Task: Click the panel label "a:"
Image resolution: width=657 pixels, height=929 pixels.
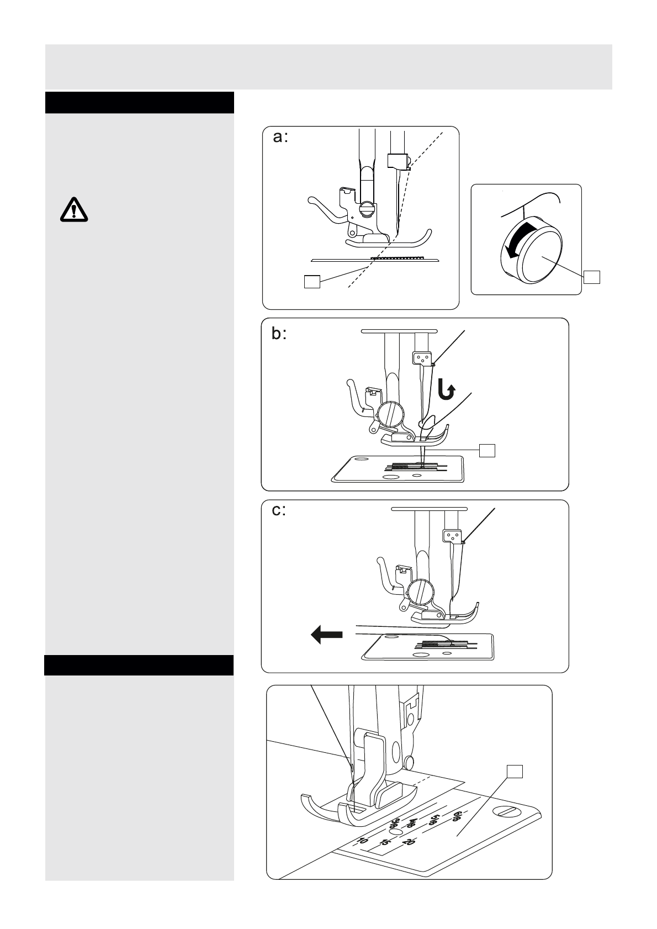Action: [x=280, y=138]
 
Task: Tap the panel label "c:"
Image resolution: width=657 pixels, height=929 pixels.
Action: [x=279, y=510]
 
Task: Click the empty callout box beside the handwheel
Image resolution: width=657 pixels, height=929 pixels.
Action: [x=592, y=277]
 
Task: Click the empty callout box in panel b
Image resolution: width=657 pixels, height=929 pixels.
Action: [x=487, y=450]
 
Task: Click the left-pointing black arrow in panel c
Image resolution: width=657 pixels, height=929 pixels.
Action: [x=327, y=634]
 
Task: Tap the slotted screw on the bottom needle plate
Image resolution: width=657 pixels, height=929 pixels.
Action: [x=507, y=812]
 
